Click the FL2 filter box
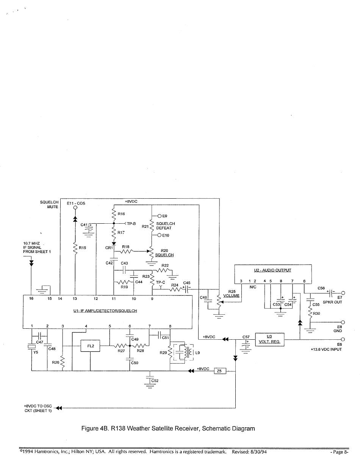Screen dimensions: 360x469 pyautogui.click(x=90, y=346)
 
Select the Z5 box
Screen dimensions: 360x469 pyautogui.click(x=220, y=371)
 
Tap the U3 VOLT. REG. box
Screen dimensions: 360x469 pyautogui.click(x=269, y=339)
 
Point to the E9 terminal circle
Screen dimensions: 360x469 pyautogui.click(x=160, y=216)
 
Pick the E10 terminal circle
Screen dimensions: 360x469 pyautogui.click(x=160, y=235)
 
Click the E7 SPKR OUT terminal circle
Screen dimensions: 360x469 pyautogui.click(x=343, y=293)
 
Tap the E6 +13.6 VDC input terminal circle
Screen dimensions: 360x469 pyautogui.click(x=343, y=339)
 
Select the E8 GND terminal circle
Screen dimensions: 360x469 pyautogui.click(x=343, y=322)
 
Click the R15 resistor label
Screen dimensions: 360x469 pyautogui.click(x=82, y=248)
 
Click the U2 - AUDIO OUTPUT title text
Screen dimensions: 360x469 pyautogui.click(x=272, y=270)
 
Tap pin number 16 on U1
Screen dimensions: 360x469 pyautogui.click(x=31, y=298)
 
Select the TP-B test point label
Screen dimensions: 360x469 pyautogui.click(x=131, y=224)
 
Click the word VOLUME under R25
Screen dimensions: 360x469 pyautogui.click(x=231, y=296)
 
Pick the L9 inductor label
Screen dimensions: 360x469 pyautogui.click(x=197, y=353)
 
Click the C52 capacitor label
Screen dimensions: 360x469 pyautogui.click(x=155, y=381)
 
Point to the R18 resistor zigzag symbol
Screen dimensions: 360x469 pyautogui.click(x=127, y=251)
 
